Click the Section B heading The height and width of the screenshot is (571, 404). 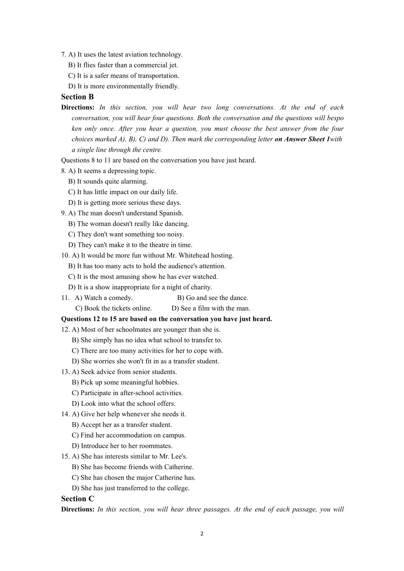point(77,97)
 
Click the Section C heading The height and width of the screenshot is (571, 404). point(77,499)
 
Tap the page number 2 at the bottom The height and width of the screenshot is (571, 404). point(202,534)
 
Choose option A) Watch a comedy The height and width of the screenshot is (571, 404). point(104,298)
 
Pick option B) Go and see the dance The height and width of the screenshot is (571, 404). point(213,298)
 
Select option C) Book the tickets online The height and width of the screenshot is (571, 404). point(114,308)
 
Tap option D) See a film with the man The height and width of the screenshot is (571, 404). point(211,308)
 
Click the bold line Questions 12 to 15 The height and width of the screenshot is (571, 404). point(166,319)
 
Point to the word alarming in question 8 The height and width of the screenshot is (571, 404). point(134,181)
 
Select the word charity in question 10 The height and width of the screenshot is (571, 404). point(201,287)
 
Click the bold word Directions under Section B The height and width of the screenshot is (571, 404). point(78,107)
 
